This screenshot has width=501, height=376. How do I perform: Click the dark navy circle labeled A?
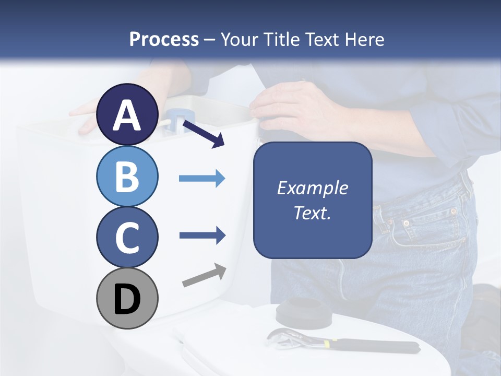(x=127, y=114)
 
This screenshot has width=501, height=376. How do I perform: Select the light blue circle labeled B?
(x=127, y=176)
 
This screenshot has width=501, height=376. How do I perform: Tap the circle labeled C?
(x=127, y=237)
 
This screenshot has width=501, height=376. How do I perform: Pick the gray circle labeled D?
(x=127, y=298)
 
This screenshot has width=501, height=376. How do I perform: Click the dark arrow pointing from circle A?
(x=204, y=134)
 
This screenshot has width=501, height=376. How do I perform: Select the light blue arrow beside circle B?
(x=202, y=179)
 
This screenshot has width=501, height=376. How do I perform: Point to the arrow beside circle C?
(x=202, y=236)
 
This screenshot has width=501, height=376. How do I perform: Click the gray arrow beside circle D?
(x=204, y=276)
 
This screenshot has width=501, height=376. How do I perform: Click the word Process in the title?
(x=164, y=39)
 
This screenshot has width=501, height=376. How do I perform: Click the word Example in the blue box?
(x=312, y=188)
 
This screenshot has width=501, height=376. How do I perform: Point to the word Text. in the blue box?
(x=312, y=213)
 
